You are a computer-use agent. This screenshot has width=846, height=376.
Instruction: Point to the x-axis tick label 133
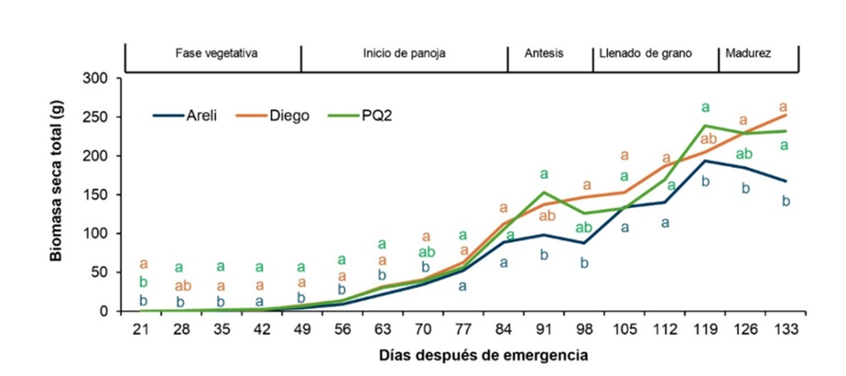click(x=784, y=328)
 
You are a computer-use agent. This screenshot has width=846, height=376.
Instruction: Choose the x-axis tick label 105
click(x=626, y=328)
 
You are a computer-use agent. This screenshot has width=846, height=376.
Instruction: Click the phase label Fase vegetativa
click(x=216, y=53)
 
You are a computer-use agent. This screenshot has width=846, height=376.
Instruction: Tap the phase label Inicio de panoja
click(x=404, y=53)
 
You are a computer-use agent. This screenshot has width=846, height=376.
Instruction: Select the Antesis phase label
click(x=544, y=53)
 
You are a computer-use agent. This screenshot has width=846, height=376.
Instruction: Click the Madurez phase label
click(x=747, y=53)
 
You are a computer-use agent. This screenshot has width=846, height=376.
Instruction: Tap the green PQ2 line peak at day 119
click(x=705, y=126)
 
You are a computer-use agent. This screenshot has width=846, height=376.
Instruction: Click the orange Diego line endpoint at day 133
click(x=784, y=116)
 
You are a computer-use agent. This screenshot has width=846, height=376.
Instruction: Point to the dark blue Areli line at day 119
click(x=705, y=160)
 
